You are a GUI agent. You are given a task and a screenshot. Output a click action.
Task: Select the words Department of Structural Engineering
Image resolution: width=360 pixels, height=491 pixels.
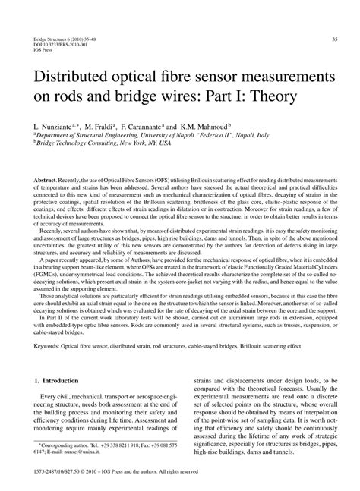[x=82, y=134]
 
